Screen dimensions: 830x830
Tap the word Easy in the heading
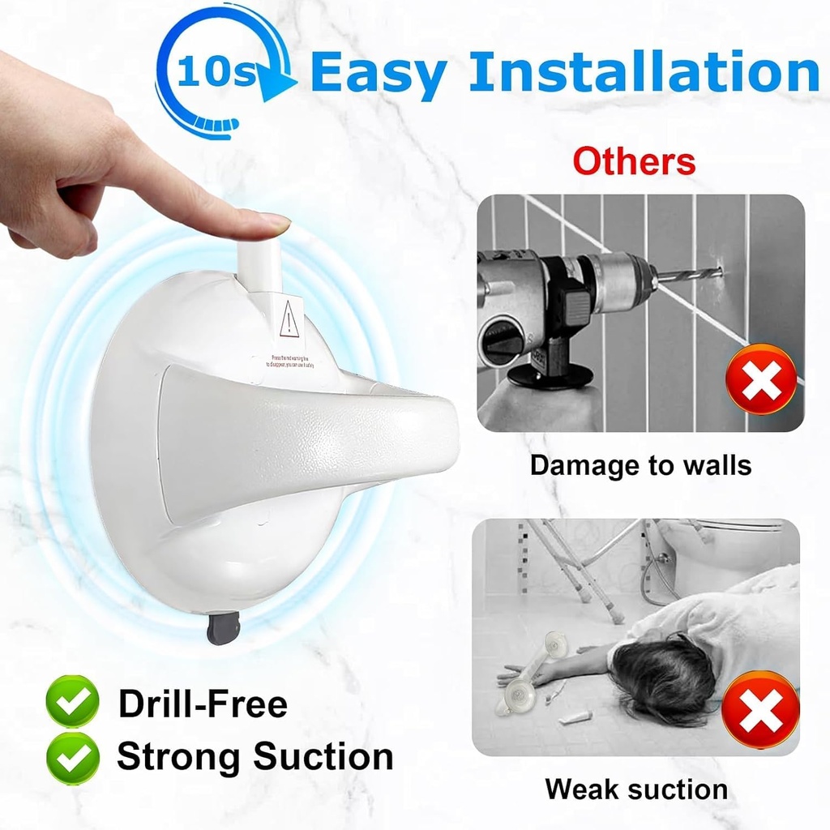[x=378, y=73]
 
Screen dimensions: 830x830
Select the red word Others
[x=634, y=161]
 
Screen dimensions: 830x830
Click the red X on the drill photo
[x=761, y=379]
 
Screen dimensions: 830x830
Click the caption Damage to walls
[x=640, y=465]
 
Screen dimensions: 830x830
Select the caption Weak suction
[x=636, y=789]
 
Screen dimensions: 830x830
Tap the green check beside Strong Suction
[x=72, y=758]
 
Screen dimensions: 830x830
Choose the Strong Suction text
[x=255, y=757]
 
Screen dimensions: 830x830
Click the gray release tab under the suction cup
[x=222, y=629]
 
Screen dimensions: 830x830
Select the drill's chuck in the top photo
[x=616, y=280]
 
